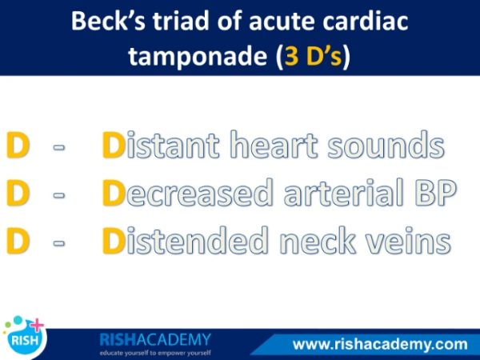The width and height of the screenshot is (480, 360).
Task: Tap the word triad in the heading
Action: click(183, 21)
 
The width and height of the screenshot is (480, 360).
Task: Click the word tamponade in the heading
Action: click(198, 57)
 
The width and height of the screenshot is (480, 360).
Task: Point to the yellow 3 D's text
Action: click(313, 56)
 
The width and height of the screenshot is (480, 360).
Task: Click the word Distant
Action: click(161, 145)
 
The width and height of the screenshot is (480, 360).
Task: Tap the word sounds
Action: click(386, 145)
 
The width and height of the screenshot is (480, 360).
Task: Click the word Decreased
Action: click(187, 192)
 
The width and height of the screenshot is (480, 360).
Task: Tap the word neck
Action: click(318, 240)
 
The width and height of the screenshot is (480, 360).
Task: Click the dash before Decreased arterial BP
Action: click(59, 195)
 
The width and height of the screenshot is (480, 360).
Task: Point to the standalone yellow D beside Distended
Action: click(18, 241)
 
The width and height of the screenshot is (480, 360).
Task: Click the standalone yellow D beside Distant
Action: click(18, 145)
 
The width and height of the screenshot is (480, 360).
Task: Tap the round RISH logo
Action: click(25, 338)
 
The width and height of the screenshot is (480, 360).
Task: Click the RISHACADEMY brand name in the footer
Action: click(155, 339)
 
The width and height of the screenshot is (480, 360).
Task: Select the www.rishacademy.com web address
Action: click(380, 344)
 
